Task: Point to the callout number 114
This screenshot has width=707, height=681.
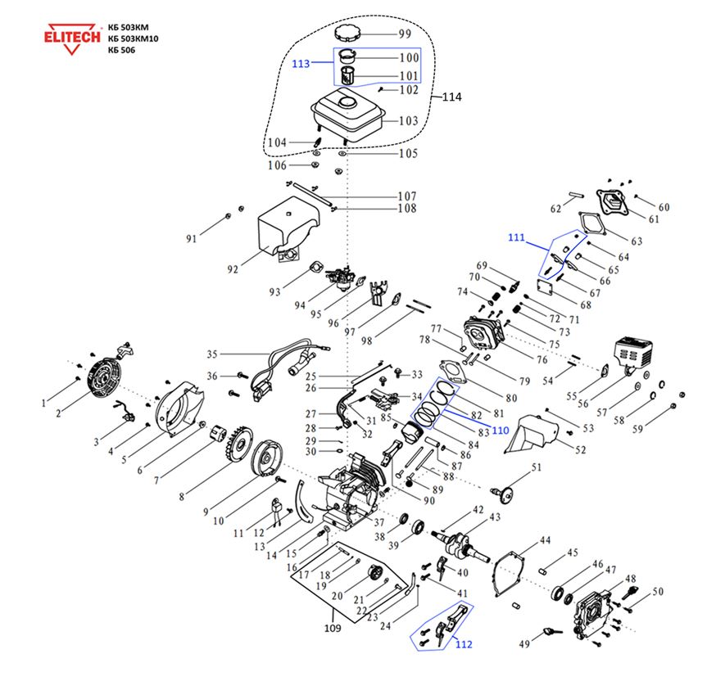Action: click(451, 97)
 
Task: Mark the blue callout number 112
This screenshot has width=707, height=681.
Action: click(464, 644)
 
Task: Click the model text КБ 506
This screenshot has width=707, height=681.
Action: click(121, 50)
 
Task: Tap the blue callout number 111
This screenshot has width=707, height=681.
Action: click(516, 237)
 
